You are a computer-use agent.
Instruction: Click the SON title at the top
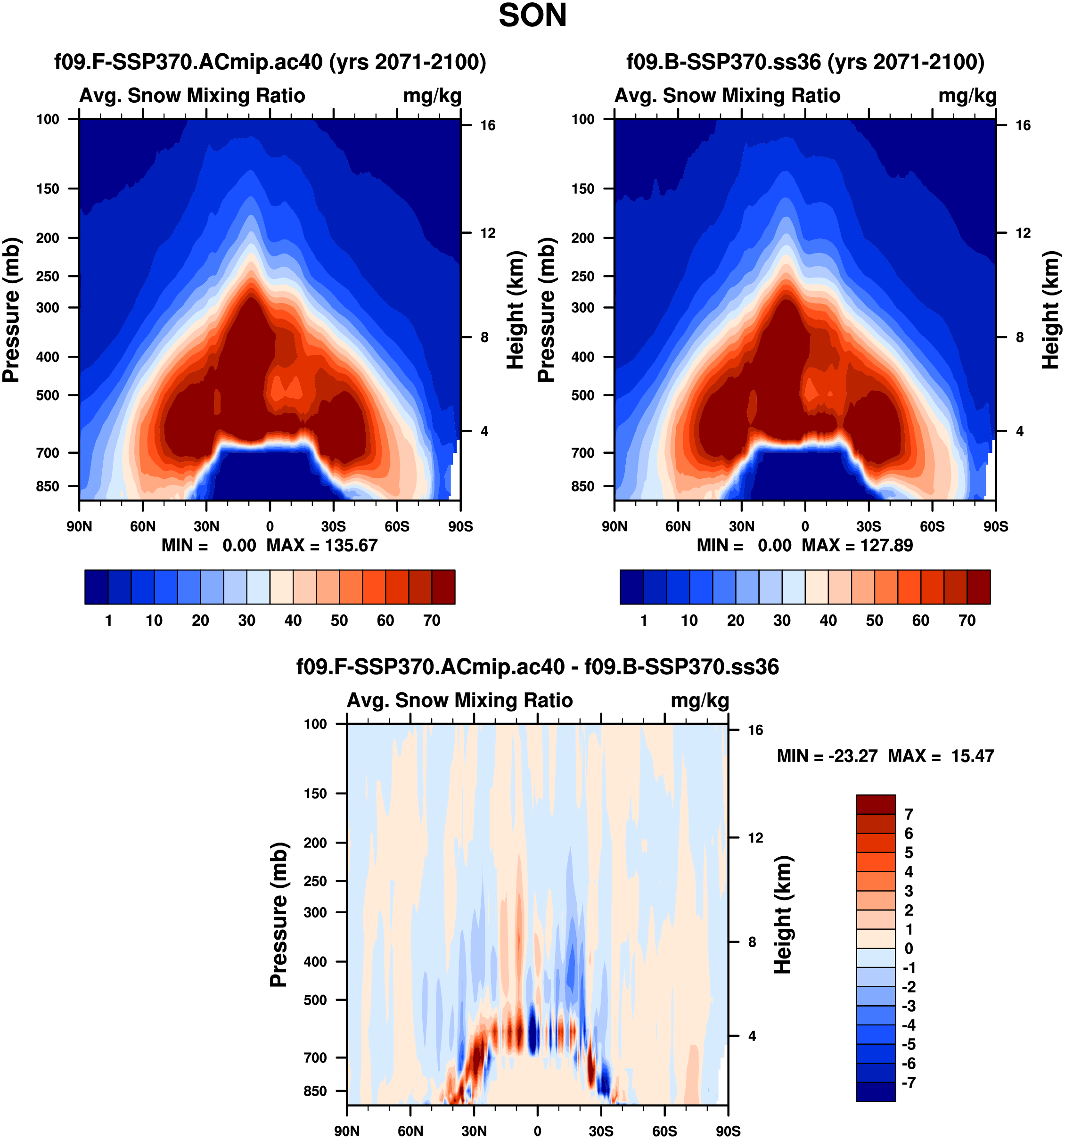click(x=532, y=16)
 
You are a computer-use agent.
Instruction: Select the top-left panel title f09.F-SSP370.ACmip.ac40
click(x=270, y=62)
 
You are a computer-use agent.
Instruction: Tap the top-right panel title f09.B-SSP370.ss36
click(x=805, y=62)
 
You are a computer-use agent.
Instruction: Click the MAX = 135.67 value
click(x=322, y=545)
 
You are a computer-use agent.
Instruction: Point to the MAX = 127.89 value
click(x=857, y=545)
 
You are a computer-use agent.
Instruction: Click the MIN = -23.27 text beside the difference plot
click(x=827, y=756)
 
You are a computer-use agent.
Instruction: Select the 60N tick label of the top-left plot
click(x=143, y=526)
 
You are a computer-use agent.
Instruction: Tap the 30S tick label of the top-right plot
click(x=868, y=526)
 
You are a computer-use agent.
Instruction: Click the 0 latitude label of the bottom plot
click(x=537, y=1131)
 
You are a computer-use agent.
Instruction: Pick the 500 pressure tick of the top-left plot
click(x=48, y=395)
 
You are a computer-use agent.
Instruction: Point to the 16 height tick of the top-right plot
click(x=1023, y=125)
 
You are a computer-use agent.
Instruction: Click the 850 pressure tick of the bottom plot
click(x=316, y=1091)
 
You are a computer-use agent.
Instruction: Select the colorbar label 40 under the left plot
click(x=293, y=621)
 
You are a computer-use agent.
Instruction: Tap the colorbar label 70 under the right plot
click(x=967, y=621)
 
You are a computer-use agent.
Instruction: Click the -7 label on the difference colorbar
click(x=909, y=1082)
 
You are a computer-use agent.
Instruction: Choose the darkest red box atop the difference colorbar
click(x=876, y=804)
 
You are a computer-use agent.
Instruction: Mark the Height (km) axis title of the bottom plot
click(x=783, y=915)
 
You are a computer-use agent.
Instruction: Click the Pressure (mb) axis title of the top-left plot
click(x=11, y=310)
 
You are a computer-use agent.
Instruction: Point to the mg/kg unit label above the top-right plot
click(x=967, y=96)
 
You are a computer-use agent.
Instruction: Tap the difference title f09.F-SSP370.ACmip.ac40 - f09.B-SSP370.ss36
click(x=537, y=667)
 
